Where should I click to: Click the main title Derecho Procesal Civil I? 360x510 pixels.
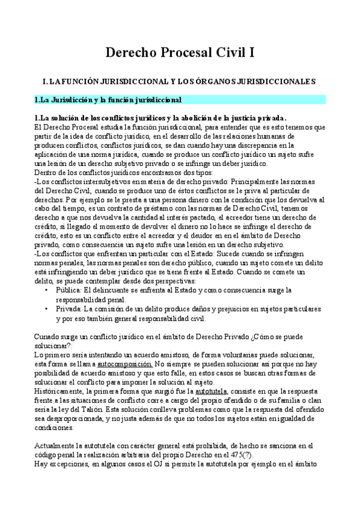(x=180, y=54)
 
